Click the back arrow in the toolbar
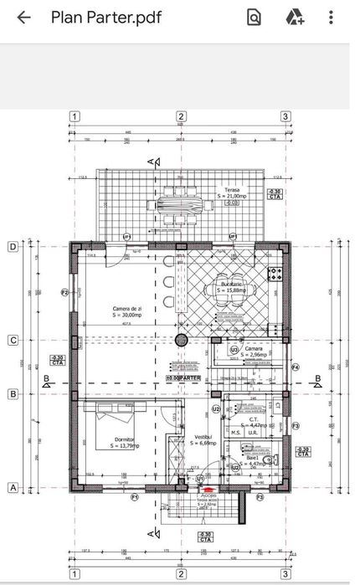24,18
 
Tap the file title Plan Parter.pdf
106,18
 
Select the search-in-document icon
255,18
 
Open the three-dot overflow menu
333,18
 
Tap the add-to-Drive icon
294,18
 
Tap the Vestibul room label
203,438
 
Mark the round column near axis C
180,340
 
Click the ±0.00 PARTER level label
183,378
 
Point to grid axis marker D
13,247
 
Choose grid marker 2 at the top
180,117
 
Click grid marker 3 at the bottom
285,574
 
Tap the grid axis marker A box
13,487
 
